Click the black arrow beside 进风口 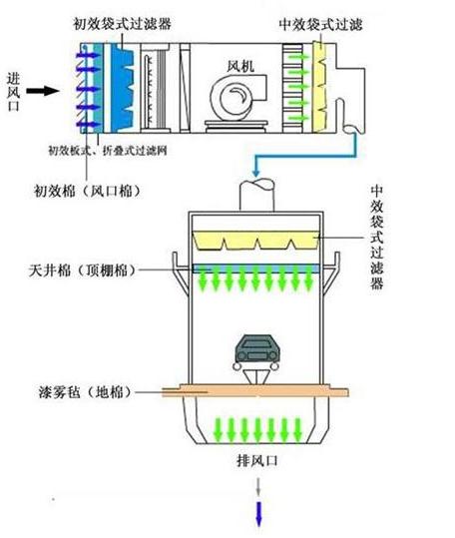tap(43, 91)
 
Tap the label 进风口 tap(14, 92)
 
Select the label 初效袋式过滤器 tap(122, 23)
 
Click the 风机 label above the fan tap(241, 66)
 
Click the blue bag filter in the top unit tap(123, 88)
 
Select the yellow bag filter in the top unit tap(320, 87)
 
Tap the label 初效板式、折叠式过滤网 tap(108, 151)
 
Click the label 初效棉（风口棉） tap(88, 191)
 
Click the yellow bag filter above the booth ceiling tap(255, 240)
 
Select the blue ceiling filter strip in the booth tap(255, 268)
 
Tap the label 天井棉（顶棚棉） tap(83, 270)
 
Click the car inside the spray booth tap(256, 352)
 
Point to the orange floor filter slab tap(255, 391)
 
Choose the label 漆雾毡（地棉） tap(85, 392)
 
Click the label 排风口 tap(257, 460)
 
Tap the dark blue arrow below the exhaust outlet tap(258, 514)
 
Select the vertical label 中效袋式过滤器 tap(376, 238)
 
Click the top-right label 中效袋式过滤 tap(320, 24)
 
